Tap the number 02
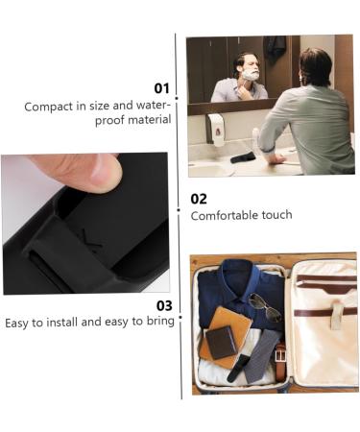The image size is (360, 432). (199, 199)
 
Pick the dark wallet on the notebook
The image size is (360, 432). (222, 341)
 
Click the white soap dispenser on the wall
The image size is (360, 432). (215, 129)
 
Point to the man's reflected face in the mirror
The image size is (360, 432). (250, 69)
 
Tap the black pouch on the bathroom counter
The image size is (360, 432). (244, 156)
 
